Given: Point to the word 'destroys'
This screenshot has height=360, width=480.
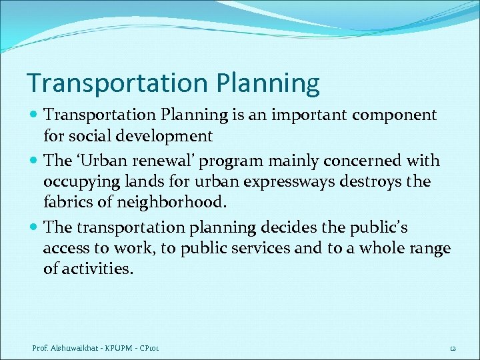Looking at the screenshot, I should click(373, 182).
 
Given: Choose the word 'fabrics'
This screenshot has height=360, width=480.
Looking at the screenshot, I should click(69, 202).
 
